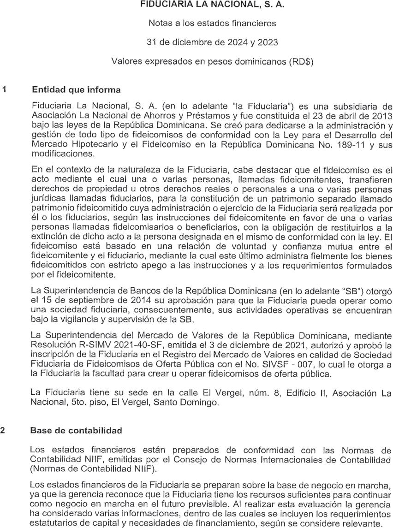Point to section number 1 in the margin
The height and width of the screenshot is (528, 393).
[x=4, y=89]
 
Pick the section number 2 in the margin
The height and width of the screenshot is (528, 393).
[x=4, y=430]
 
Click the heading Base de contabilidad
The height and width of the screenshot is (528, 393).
[x=76, y=430]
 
